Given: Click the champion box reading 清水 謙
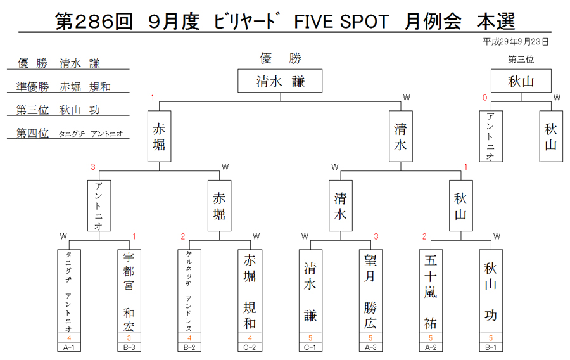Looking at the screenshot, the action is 280,80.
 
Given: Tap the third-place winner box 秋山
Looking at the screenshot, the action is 521,80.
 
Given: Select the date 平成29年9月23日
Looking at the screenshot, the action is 516,42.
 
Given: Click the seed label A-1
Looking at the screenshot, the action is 69,347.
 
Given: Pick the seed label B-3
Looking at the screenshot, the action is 129,347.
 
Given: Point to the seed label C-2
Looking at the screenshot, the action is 250,347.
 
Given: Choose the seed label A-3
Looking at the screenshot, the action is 370,347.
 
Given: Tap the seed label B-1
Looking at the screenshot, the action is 491,347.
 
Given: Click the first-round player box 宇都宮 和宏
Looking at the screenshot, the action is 129,291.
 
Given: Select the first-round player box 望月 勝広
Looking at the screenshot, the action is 370,291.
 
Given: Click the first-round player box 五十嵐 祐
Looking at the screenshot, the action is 431,291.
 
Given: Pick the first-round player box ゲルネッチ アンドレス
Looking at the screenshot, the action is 189,291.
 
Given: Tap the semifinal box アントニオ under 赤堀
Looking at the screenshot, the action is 99,205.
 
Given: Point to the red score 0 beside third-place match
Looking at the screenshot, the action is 484,98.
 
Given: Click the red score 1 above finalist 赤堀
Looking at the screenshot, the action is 153,98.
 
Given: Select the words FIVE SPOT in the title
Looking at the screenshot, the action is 341,22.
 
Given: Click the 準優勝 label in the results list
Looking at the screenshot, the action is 32,87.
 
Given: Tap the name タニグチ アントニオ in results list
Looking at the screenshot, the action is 91,134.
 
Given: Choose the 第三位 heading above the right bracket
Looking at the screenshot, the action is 521,60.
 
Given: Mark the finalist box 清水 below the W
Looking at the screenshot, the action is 401,136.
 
